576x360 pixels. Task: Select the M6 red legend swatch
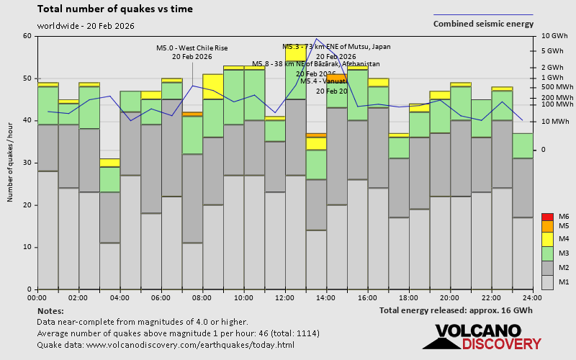(x=546, y=217)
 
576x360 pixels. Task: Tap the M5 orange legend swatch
(x=546, y=226)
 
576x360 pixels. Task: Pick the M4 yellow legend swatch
(x=546, y=238)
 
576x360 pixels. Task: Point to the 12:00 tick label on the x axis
(x=284, y=297)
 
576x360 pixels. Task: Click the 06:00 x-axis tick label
(x=161, y=297)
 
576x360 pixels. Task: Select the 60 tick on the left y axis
(x=27, y=36)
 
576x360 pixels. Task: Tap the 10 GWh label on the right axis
(x=554, y=36)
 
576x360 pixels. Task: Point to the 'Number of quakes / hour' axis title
(x=10, y=163)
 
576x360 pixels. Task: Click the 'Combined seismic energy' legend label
(x=483, y=24)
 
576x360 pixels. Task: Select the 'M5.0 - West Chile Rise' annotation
(x=192, y=48)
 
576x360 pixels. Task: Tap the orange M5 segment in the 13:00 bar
(x=316, y=135)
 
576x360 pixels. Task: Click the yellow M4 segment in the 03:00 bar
(x=109, y=163)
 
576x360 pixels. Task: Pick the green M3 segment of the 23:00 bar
(x=523, y=145)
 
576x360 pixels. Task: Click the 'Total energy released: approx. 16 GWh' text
(x=456, y=310)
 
